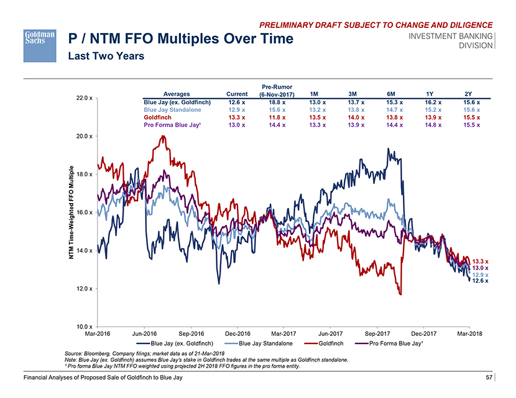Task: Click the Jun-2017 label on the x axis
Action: tap(330, 333)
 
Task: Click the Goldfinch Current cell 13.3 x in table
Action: tap(237, 116)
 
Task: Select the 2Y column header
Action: tap(469, 94)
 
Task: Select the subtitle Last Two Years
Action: tap(106, 57)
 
